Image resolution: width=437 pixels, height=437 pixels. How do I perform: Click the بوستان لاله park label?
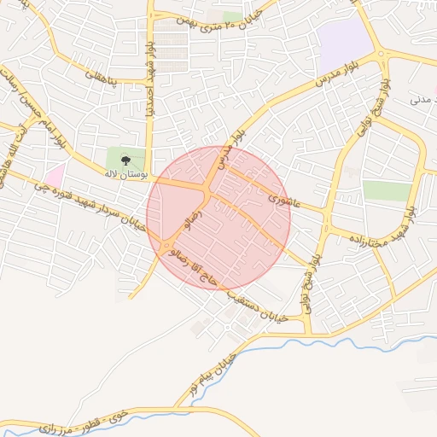(x=125, y=173)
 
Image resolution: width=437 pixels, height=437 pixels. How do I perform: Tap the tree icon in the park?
(x=126, y=159)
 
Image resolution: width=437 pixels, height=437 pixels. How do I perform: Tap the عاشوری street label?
(x=283, y=199)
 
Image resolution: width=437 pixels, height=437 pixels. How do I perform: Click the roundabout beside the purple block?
(x=381, y=55)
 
